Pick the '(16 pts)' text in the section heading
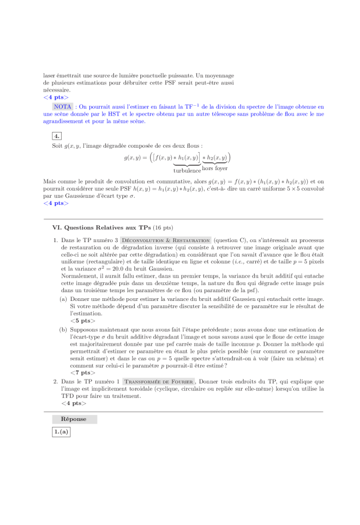point(163,228)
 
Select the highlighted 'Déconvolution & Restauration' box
point(166,240)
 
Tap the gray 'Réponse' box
point(74,419)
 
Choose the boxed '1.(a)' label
point(61,432)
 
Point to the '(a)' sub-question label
point(64,299)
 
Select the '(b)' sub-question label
point(64,329)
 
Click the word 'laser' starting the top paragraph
point(49,75)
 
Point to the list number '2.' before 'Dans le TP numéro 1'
point(56,382)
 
